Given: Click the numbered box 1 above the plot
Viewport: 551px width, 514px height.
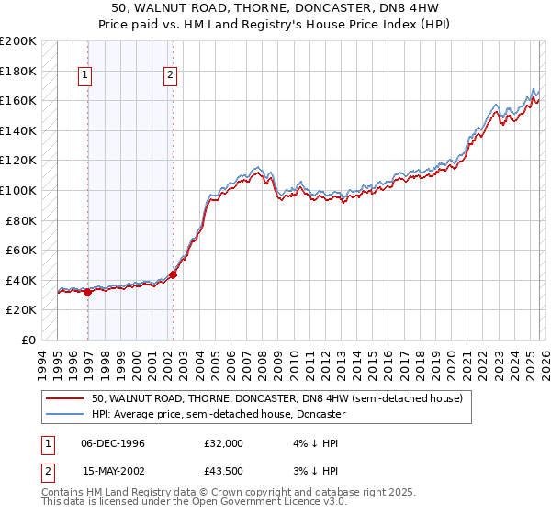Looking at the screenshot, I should [85, 76].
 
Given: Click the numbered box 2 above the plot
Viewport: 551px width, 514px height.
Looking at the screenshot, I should [171, 76].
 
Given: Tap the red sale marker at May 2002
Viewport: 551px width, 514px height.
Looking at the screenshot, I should [173, 274].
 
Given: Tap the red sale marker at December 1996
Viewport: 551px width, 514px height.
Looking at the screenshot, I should [88, 292].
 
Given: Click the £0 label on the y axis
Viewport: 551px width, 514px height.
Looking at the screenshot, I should [28, 340].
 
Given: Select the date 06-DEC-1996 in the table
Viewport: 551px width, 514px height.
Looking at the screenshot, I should [113, 443].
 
